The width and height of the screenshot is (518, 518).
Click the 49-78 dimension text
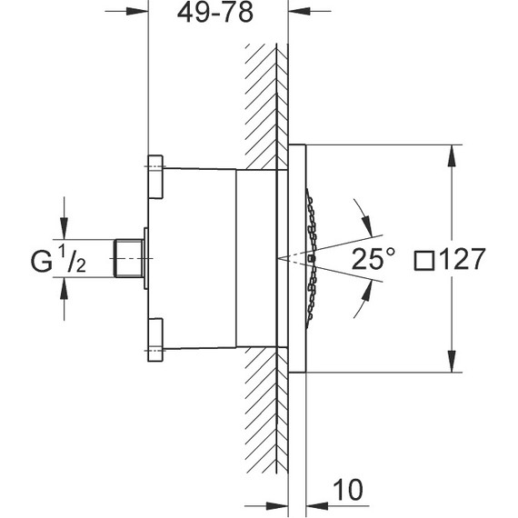(215, 13)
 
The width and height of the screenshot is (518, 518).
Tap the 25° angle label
(373, 259)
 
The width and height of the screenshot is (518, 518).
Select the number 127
(463, 259)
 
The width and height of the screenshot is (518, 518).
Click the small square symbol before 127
(424, 260)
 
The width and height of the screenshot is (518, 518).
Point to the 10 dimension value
(348, 490)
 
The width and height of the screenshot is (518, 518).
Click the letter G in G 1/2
(41, 262)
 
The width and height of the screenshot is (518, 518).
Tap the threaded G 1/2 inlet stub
(128, 258)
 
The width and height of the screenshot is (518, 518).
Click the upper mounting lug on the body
(155, 176)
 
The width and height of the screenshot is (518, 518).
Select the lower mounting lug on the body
(155, 340)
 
